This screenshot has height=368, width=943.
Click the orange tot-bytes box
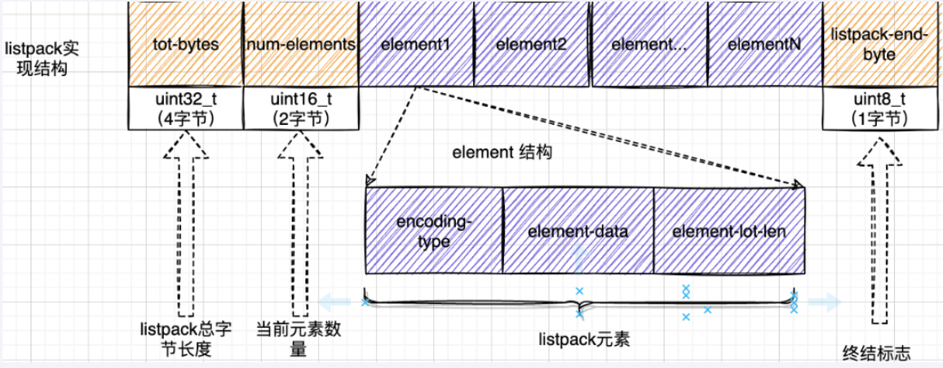coord(185,44)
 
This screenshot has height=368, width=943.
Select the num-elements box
coord(301,44)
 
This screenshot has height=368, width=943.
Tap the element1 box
coord(415,44)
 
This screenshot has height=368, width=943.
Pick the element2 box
coord(531,44)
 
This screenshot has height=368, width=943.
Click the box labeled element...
coord(649,44)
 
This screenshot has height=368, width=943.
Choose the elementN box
coord(764,44)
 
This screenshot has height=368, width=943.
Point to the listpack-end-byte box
coord(867,44)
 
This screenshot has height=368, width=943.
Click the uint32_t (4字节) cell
coord(185,108)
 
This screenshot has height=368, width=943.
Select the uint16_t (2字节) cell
coord(301,108)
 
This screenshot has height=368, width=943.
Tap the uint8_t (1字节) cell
coord(867,108)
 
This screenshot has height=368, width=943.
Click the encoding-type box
coord(434,231)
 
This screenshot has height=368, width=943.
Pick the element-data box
coord(578,231)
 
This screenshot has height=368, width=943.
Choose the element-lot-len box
coord(729,231)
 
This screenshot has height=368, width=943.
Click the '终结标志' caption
coord(875,353)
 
